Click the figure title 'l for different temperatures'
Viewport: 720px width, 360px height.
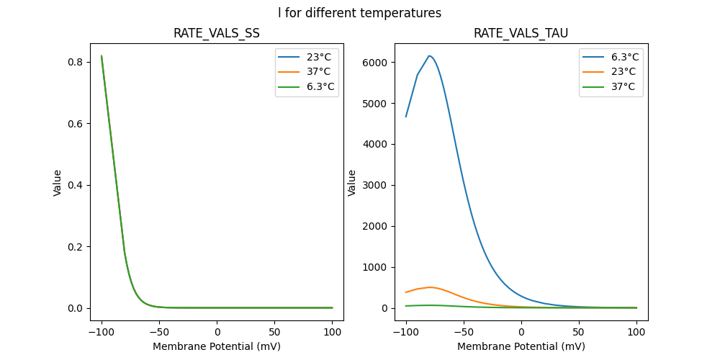[360, 13]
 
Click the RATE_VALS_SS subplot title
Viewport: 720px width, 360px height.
[217, 34]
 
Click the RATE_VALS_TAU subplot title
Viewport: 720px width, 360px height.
[521, 34]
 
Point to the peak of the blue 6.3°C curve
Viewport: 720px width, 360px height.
[430, 55]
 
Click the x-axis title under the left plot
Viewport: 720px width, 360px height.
[217, 346]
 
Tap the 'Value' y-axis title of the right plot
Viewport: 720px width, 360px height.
[353, 182]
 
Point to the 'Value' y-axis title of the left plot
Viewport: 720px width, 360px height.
[58, 182]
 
